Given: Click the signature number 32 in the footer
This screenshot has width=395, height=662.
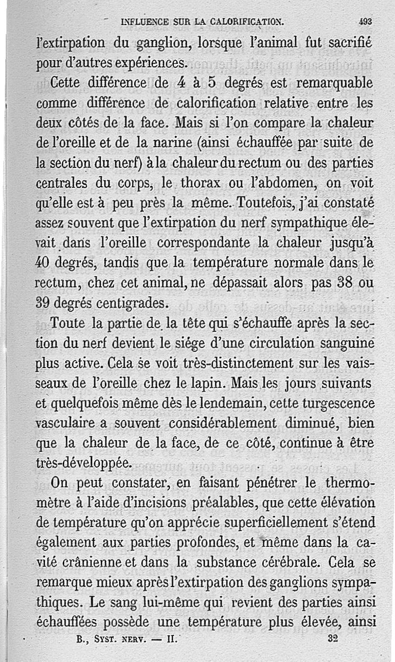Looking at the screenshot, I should (x=332, y=638).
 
